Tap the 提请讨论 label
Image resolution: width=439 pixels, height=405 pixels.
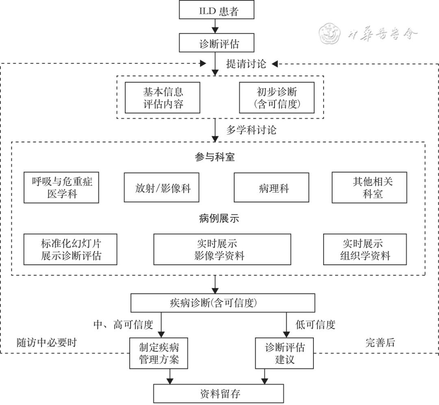tap(246, 64)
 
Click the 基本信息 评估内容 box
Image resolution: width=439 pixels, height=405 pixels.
tap(163, 98)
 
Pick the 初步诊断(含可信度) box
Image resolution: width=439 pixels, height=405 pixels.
tap(277, 98)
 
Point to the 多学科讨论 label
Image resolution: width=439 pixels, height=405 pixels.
tap(251, 130)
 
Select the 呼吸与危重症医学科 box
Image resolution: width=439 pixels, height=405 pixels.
tap(61, 187)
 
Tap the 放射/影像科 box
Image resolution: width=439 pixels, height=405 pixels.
tap(161, 187)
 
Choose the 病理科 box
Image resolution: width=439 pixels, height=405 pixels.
tap(271, 187)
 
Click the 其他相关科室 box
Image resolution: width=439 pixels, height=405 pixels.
tap(369, 187)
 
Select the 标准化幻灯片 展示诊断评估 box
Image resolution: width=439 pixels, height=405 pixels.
tap(71, 249)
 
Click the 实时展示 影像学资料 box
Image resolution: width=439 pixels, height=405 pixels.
tap(222, 249)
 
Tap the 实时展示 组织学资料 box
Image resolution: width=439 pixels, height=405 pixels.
tap(365, 249)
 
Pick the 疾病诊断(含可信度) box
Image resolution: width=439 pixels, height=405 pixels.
tap(222, 303)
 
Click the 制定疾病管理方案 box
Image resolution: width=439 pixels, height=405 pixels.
tap(159, 353)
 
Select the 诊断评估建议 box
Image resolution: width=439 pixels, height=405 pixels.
tap(285, 353)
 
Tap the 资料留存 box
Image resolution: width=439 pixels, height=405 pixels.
tap(218, 394)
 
